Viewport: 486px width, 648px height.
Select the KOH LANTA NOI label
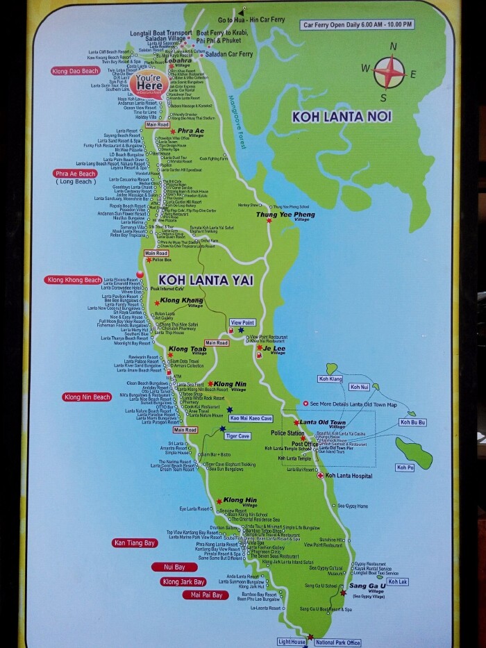pos(334,117)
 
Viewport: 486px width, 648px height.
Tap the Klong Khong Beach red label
pos(74,280)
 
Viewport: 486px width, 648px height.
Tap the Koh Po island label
pos(405,468)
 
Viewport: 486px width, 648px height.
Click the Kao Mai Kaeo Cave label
pos(252,418)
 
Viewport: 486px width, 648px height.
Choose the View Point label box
pos(242,323)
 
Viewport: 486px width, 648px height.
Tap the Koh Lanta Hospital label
pos(349,476)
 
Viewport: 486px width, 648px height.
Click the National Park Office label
pos(338,642)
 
